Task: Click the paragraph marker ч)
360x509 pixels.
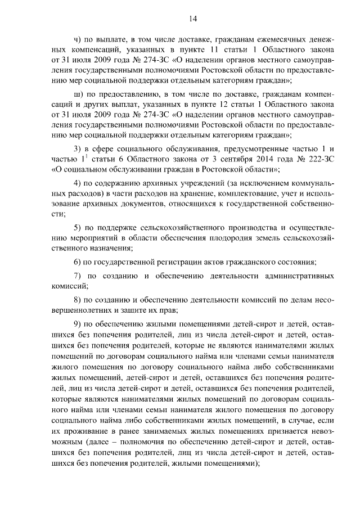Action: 79,41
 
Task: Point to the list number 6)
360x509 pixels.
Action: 79,262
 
